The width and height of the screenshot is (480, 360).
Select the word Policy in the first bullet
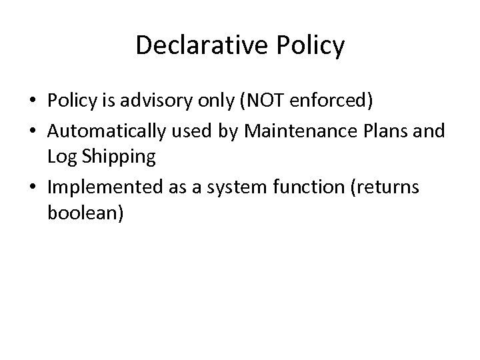coord(71,101)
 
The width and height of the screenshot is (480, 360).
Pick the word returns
coord(389,187)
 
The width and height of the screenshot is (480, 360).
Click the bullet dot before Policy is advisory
coord(33,102)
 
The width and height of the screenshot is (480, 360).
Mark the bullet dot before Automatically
coord(33,131)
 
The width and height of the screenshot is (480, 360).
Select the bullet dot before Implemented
coord(33,188)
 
